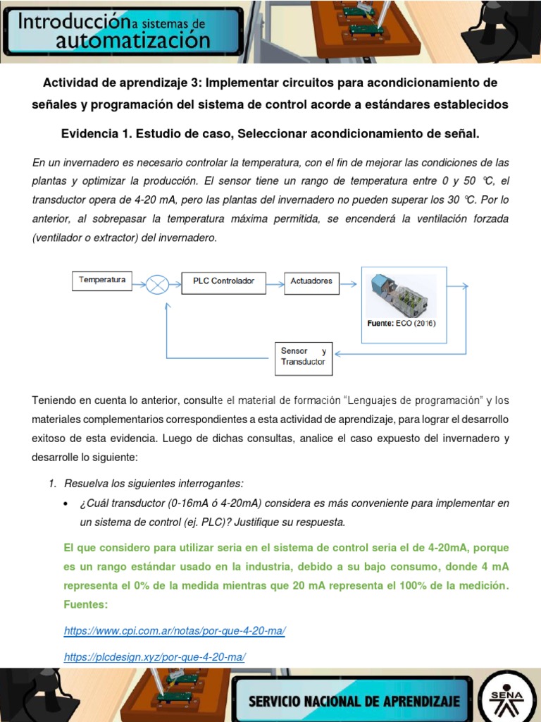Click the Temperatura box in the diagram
102,281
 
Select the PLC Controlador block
223,281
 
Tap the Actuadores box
311,281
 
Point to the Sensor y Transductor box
303,357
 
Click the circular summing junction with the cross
158,283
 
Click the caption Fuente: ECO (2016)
402,324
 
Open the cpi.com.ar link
174,631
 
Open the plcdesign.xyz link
154,656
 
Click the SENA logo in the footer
506,694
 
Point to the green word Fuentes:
87,605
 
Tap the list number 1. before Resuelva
53,484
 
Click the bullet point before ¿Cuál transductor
66,504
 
